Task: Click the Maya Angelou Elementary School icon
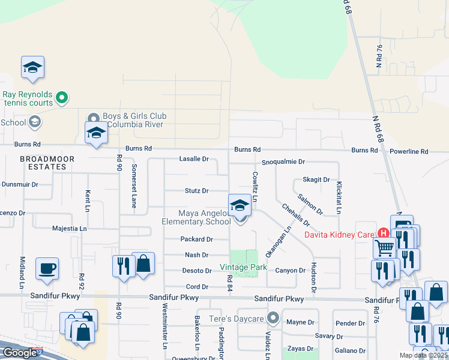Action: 240,206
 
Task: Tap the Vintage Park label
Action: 243,266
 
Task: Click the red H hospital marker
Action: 382,233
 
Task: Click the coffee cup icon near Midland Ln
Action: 47,269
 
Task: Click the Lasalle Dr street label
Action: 193,159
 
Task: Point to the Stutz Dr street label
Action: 196,191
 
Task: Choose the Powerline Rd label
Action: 408,152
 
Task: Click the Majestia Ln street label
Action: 70,229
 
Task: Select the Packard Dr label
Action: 197,239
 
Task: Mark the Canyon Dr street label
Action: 291,271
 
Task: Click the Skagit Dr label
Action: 316,179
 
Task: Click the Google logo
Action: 19,353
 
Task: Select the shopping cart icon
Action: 384,247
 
